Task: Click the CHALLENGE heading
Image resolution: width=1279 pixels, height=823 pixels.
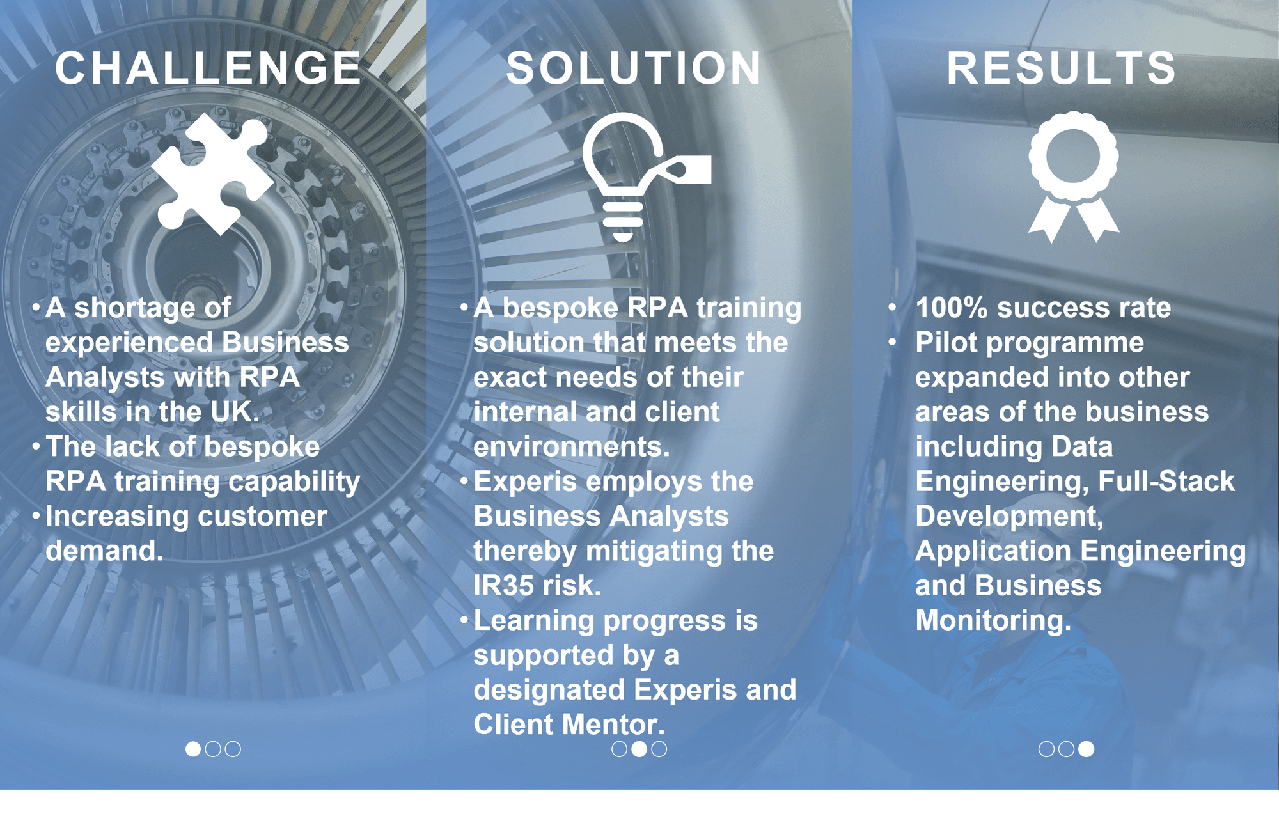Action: (x=208, y=68)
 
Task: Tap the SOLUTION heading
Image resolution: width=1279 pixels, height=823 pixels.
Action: (x=634, y=68)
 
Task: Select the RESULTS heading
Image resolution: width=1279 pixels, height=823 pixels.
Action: (x=1062, y=68)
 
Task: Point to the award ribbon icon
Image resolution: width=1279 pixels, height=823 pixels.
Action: (x=1074, y=176)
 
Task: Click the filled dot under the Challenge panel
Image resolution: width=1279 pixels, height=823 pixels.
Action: (x=193, y=749)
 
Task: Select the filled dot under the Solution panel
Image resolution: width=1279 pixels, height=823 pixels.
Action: (x=639, y=749)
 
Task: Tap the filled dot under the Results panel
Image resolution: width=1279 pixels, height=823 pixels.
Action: (x=1086, y=749)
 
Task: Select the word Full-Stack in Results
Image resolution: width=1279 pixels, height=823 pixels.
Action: (x=1166, y=482)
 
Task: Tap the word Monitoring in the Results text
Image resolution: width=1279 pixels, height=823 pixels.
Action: (x=993, y=621)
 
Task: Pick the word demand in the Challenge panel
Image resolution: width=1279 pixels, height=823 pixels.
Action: (x=104, y=551)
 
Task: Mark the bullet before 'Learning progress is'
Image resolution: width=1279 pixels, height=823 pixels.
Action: (x=465, y=620)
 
